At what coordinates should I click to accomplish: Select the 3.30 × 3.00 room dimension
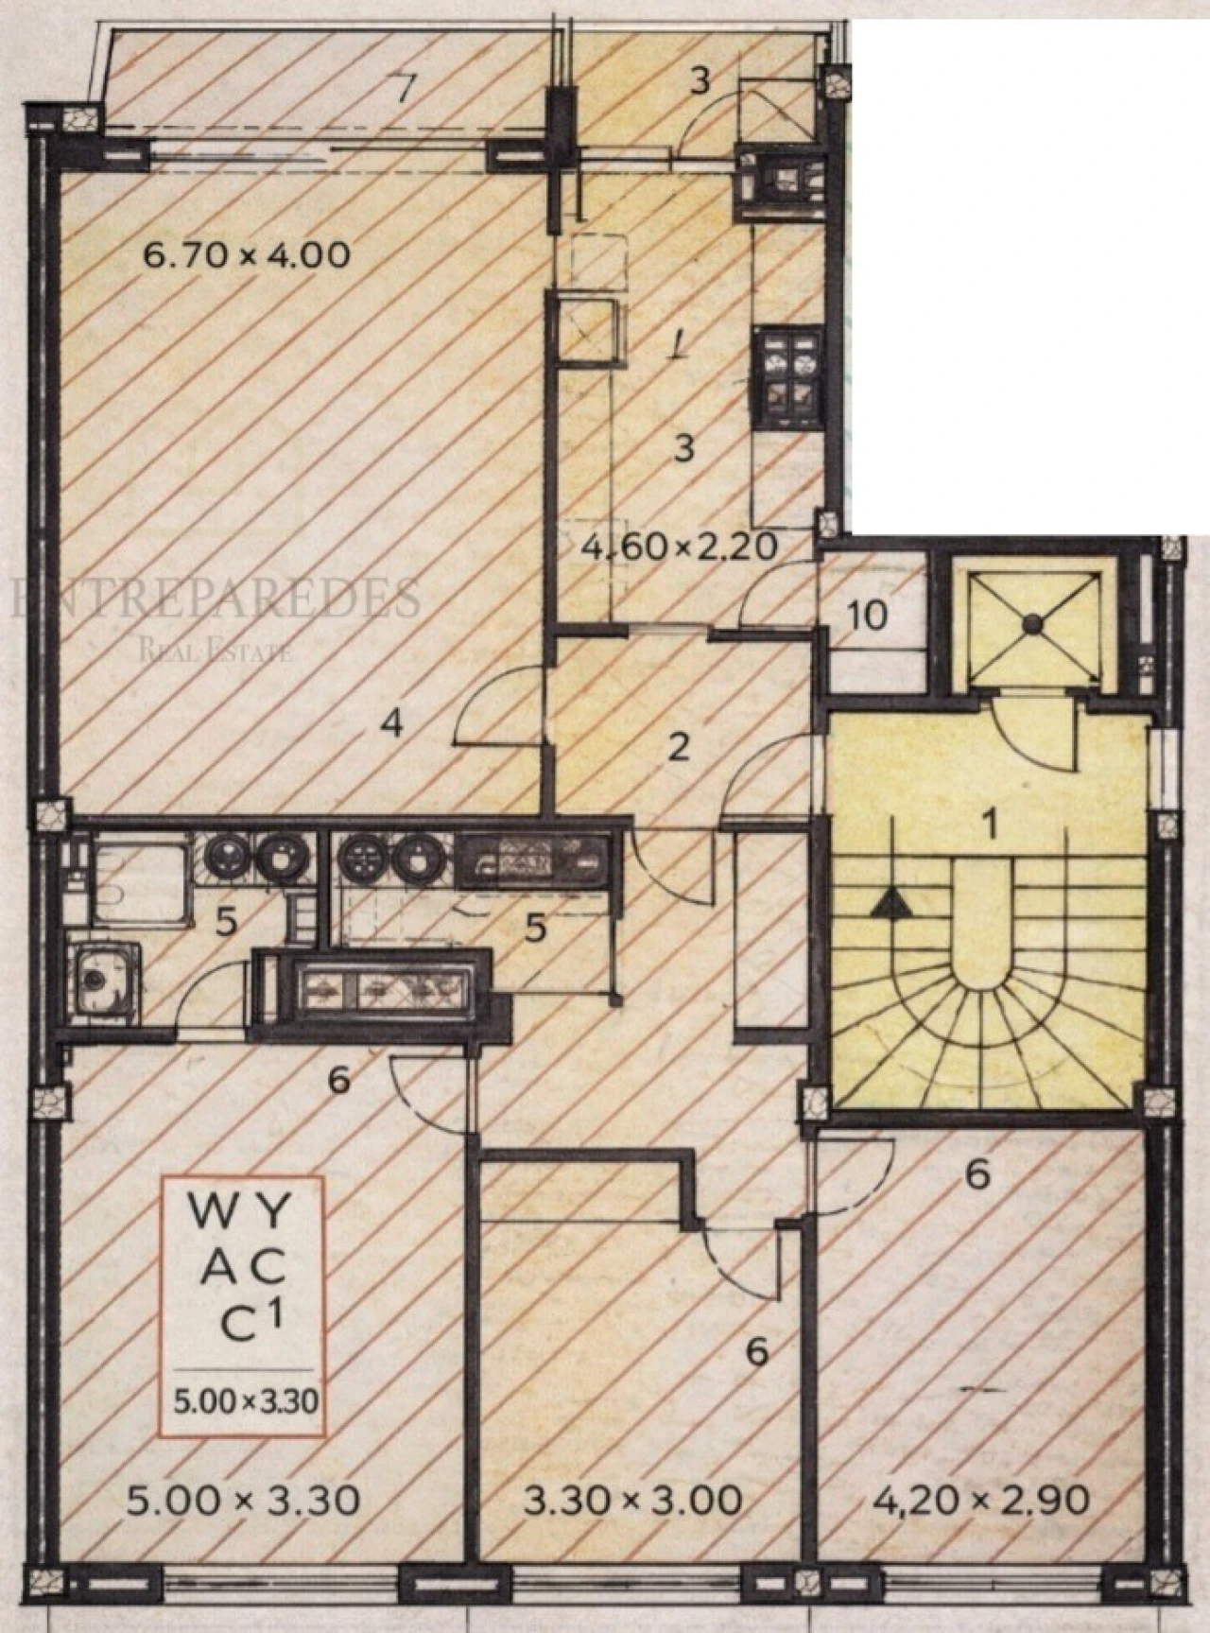click(632, 1501)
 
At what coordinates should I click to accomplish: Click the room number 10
click(868, 617)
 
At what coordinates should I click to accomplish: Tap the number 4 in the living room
click(391, 725)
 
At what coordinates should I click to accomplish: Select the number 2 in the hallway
click(678, 748)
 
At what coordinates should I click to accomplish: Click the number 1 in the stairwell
click(989, 825)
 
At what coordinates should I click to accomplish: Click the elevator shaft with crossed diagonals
click(1032, 621)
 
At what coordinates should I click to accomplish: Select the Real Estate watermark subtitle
click(216, 651)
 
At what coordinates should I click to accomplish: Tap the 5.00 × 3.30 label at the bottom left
click(244, 1501)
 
